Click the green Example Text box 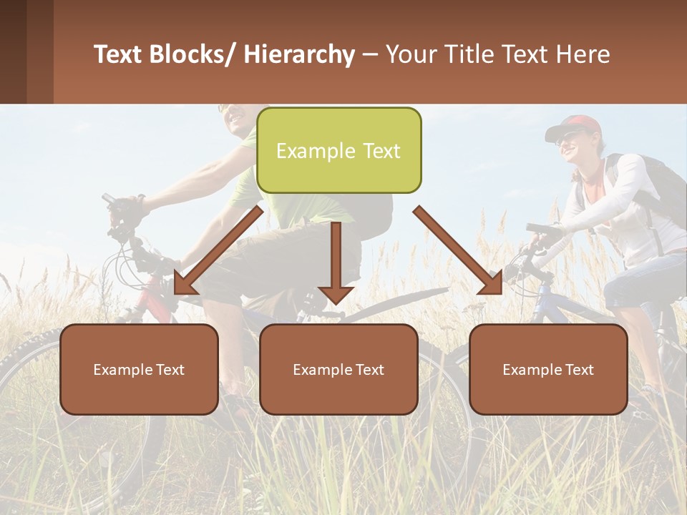tap(338, 151)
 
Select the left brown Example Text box tap(139, 369)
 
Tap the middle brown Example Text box tap(338, 369)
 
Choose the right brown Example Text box tap(548, 369)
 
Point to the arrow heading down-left tap(218, 250)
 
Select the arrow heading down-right tap(458, 250)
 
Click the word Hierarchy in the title tap(298, 55)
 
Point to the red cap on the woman tap(572, 126)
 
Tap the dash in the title tap(370, 55)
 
